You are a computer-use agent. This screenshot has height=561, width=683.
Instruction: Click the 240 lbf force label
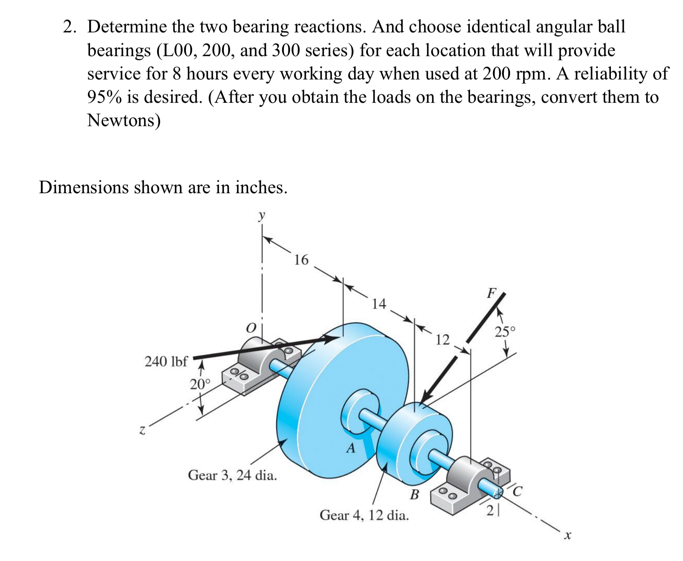166,361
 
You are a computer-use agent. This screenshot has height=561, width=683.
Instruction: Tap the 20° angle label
200,384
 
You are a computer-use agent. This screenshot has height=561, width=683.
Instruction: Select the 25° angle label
505,332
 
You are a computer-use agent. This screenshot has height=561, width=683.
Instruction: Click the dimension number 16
301,260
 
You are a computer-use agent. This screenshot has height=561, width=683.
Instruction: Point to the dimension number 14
379,304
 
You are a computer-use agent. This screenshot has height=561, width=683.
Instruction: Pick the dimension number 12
443,340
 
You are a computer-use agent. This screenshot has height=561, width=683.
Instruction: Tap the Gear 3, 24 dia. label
232,475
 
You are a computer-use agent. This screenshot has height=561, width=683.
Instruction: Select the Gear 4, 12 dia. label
364,515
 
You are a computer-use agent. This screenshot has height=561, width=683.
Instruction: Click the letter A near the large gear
351,449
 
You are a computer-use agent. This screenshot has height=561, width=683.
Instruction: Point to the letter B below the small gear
414,495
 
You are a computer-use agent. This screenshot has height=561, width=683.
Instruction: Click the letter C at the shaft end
517,491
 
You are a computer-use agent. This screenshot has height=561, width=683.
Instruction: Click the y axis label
261,215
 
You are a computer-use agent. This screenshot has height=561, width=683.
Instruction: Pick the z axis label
142,429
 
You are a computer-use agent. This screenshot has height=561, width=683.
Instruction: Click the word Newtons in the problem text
123,120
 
